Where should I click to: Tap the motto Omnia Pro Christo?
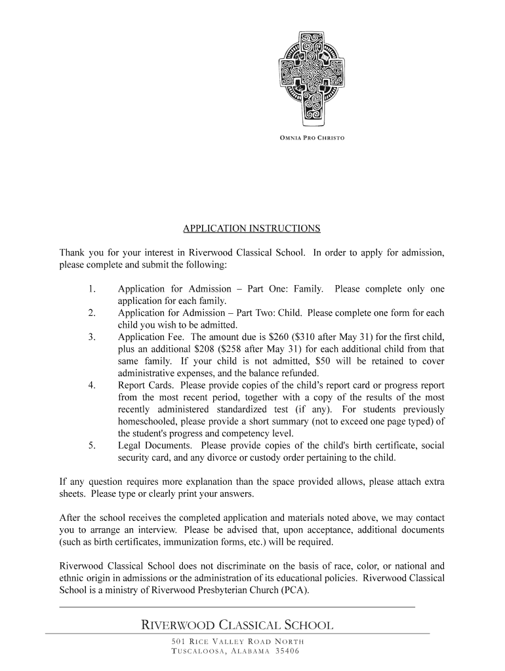308,138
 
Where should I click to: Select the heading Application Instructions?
252,229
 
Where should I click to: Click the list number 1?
92,289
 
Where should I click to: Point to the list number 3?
92,337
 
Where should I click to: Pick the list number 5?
92,446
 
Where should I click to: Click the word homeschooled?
148,421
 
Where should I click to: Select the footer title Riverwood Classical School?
237,625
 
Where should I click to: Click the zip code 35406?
287,651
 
